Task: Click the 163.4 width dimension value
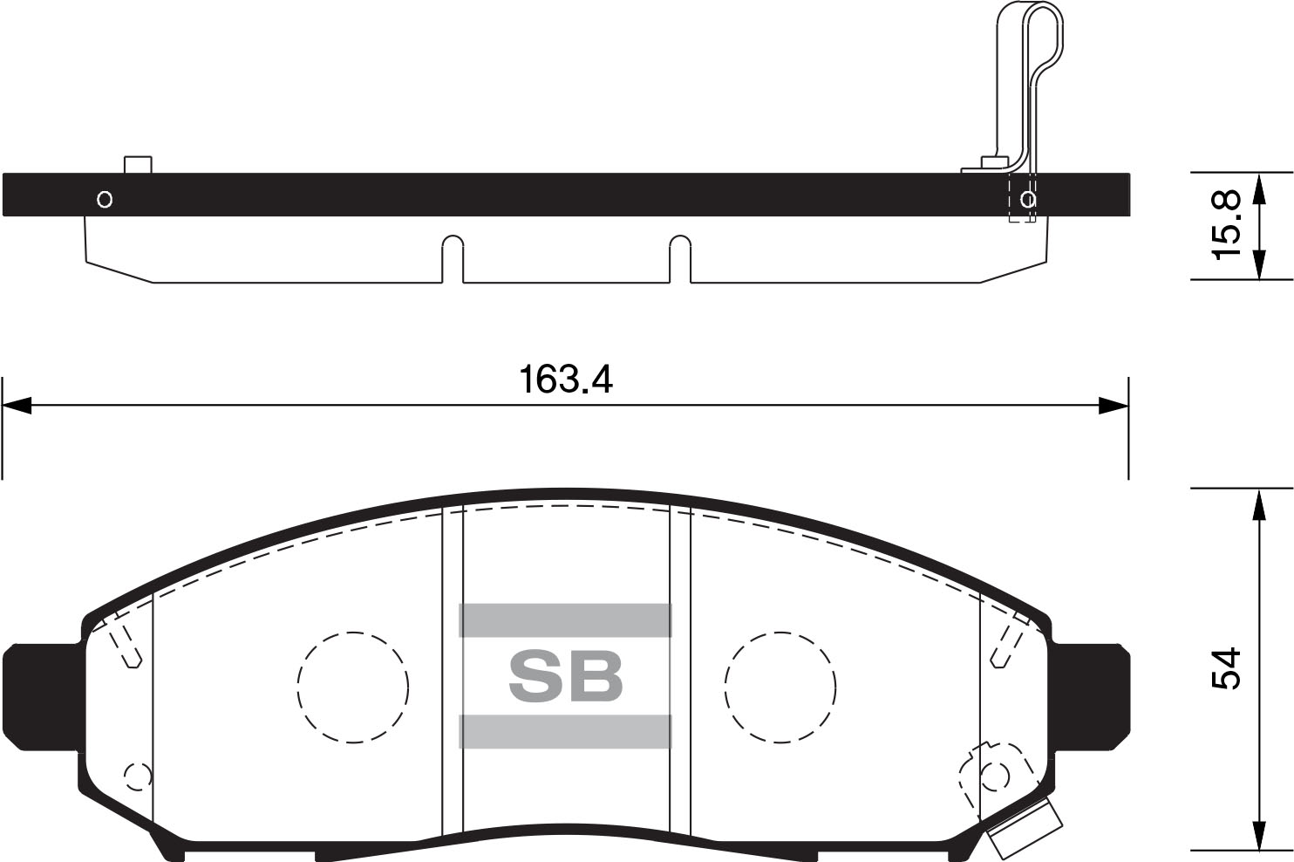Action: [x=565, y=380]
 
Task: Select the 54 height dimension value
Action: [x=1226, y=669]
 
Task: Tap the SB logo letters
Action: [x=565, y=676]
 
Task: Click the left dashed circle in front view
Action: [x=352, y=687]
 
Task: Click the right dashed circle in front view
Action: [x=780, y=687]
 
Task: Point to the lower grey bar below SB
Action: [x=565, y=731]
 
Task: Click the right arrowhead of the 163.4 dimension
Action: [x=1114, y=406]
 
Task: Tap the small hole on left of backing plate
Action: [x=105, y=200]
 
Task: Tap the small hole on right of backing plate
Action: [x=1028, y=200]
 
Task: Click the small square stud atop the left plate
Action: [x=138, y=165]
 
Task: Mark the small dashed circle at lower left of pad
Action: [x=138, y=776]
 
